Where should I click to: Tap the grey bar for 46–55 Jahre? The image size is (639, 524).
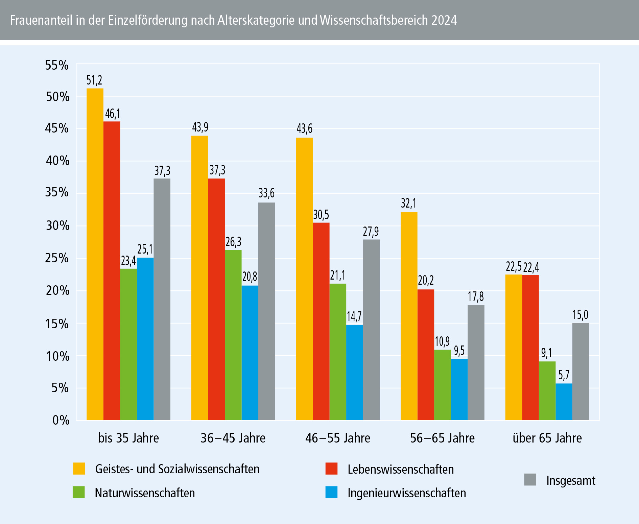tap(371, 330)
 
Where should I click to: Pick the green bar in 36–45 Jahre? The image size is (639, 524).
tap(233, 335)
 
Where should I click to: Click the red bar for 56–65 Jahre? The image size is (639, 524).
tap(426, 355)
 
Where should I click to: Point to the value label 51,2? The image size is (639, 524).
tap(94, 80)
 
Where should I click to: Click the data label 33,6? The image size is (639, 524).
tap(266, 193)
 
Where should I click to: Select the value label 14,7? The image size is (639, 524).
tap(354, 316)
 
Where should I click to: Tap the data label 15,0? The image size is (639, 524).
tap(580, 315)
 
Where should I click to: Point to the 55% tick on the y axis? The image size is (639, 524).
tap(57, 65)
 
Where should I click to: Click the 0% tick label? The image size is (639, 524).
tap(61, 420)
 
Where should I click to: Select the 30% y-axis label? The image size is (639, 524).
tap(57, 225)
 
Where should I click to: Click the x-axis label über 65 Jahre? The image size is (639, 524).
tap(547, 438)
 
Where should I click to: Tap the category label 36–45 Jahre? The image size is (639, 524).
tap(233, 438)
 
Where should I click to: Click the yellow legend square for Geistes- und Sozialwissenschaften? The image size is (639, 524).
tap(79, 469)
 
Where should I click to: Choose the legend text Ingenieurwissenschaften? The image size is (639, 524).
tap(407, 493)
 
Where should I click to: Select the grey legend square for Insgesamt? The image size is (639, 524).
tap(530, 480)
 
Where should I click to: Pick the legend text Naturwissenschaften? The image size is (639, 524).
tap(145, 493)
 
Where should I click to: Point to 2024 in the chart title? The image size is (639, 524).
tap(444, 20)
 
